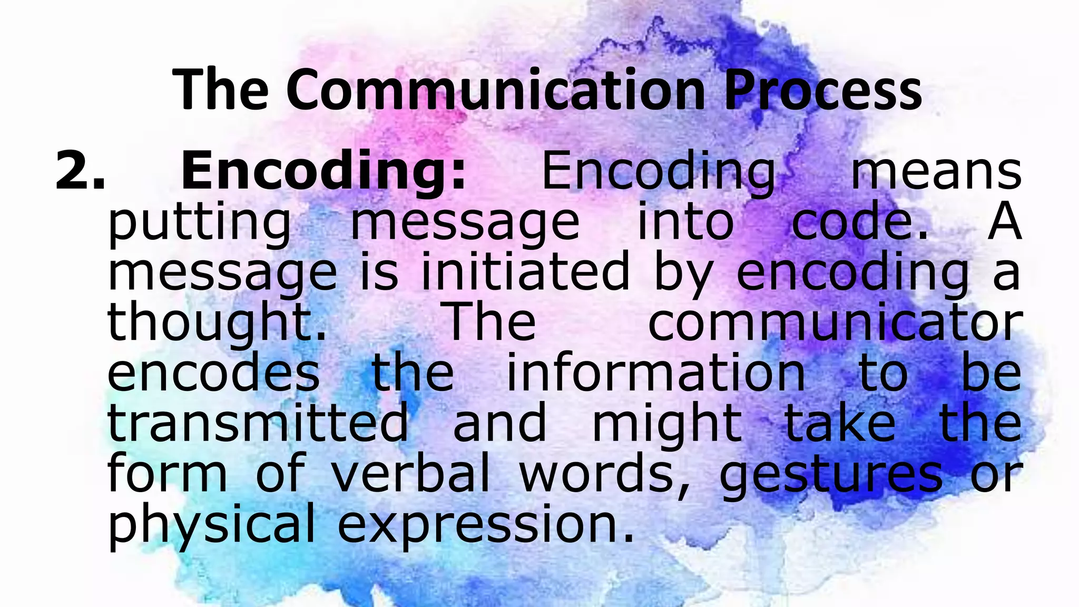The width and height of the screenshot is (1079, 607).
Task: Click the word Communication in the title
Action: pyautogui.click(x=496, y=91)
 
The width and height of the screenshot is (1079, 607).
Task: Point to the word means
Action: pyautogui.click(x=937, y=172)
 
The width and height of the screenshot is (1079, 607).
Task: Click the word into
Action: pyautogui.click(x=685, y=221)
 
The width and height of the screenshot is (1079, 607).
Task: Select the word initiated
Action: pyautogui.click(x=525, y=271)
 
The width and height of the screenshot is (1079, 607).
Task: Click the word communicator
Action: pyautogui.click(x=835, y=321)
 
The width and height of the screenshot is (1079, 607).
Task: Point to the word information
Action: pyautogui.click(x=655, y=371)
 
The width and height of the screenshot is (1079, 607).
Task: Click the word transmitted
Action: pyautogui.click(x=258, y=422)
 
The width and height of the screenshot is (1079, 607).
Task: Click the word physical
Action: pyautogui.click(x=211, y=525)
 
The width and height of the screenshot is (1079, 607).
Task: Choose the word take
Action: pyautogui.click(x=840, y=422)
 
